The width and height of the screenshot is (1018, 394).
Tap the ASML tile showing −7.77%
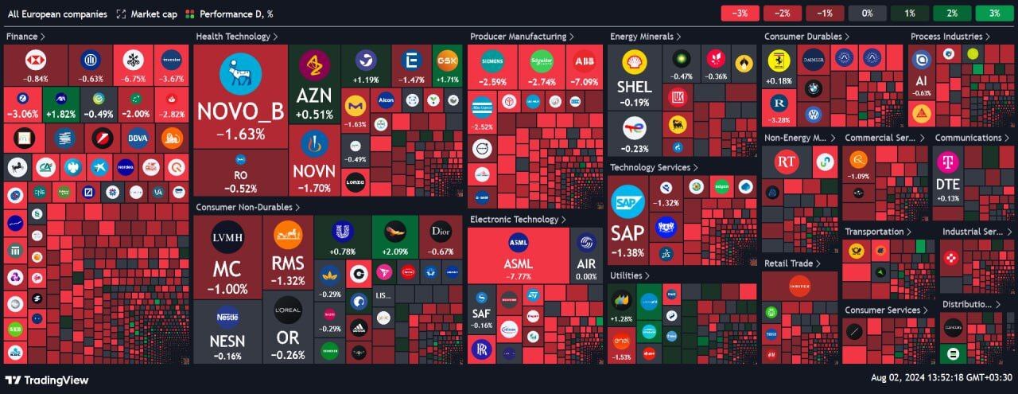tap(518, 256)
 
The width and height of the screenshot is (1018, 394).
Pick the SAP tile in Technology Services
tap(627, 222)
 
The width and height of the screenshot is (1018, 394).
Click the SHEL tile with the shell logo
tap(634, 76)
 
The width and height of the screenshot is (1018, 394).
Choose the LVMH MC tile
tap(227, 256)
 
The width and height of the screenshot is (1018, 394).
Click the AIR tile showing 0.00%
tap(586, 256)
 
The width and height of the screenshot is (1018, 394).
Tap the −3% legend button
tap(740, 14)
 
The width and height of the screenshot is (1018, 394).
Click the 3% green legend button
tap(994, 14)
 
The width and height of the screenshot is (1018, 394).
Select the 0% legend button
tap(867, 14)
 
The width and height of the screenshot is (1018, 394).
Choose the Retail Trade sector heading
tap(791, 263)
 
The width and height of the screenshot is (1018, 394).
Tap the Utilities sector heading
tap(629, 275)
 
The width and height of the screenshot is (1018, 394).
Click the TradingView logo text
tap(48, 380)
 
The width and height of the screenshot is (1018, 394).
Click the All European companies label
tap(57, 14)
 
